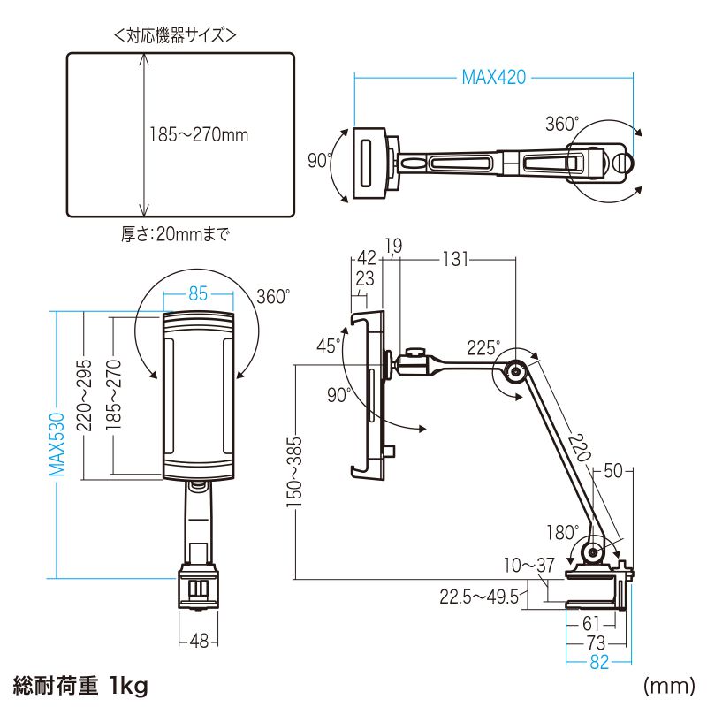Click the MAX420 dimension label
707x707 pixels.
click(x=493, y=77)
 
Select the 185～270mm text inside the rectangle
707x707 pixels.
click(x=198, y=136)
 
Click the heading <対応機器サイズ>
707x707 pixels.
click(x=174, y=36)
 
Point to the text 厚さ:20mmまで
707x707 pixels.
click(x=175, y=235)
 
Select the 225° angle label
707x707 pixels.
click(x=483, y=347)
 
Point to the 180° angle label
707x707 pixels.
click(x=562, y=533)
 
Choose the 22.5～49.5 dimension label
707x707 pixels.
click(x=478, y=597)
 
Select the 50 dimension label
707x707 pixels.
click(x=612, y=471)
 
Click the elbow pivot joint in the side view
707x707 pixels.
click(x=512, y=371)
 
